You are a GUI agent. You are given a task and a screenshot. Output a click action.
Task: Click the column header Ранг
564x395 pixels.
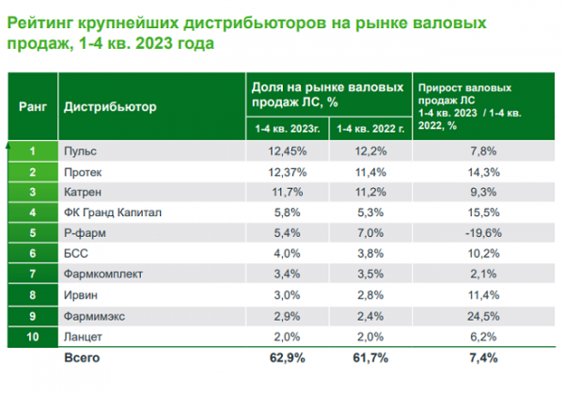33,107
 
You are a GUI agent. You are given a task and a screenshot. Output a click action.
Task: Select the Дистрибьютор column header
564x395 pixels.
110,107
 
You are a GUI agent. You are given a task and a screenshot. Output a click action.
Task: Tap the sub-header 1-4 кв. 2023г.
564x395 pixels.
288,129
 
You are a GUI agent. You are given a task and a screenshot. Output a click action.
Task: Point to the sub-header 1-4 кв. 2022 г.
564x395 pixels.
370,129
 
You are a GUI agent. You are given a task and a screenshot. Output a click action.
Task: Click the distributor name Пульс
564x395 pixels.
80,151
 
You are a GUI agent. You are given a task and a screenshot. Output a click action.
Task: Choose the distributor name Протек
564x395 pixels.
83,172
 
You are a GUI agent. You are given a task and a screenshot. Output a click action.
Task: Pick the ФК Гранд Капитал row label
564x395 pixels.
113,213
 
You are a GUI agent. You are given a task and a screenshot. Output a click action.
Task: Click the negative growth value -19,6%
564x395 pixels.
483,233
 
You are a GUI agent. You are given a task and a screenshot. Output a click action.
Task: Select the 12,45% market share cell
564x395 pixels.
288,151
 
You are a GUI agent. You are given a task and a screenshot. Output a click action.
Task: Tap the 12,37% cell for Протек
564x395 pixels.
288,172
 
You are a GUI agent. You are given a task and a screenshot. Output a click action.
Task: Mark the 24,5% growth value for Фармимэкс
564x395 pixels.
483,317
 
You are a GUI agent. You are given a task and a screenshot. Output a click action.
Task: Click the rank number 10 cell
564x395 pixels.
33,337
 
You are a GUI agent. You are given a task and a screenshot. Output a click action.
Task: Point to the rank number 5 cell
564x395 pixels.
33,232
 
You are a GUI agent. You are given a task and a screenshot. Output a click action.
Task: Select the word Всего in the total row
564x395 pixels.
82,358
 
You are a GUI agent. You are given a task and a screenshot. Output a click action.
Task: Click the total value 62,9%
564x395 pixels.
288,358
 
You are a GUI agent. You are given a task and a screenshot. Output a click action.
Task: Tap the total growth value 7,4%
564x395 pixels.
483,358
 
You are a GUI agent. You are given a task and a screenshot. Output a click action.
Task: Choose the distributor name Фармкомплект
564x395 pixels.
103,274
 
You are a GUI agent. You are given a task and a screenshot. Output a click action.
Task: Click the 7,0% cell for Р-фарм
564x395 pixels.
370,233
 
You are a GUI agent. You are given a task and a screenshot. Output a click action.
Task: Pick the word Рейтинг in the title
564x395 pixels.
39,23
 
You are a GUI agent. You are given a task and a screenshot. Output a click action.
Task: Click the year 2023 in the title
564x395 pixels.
154,43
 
